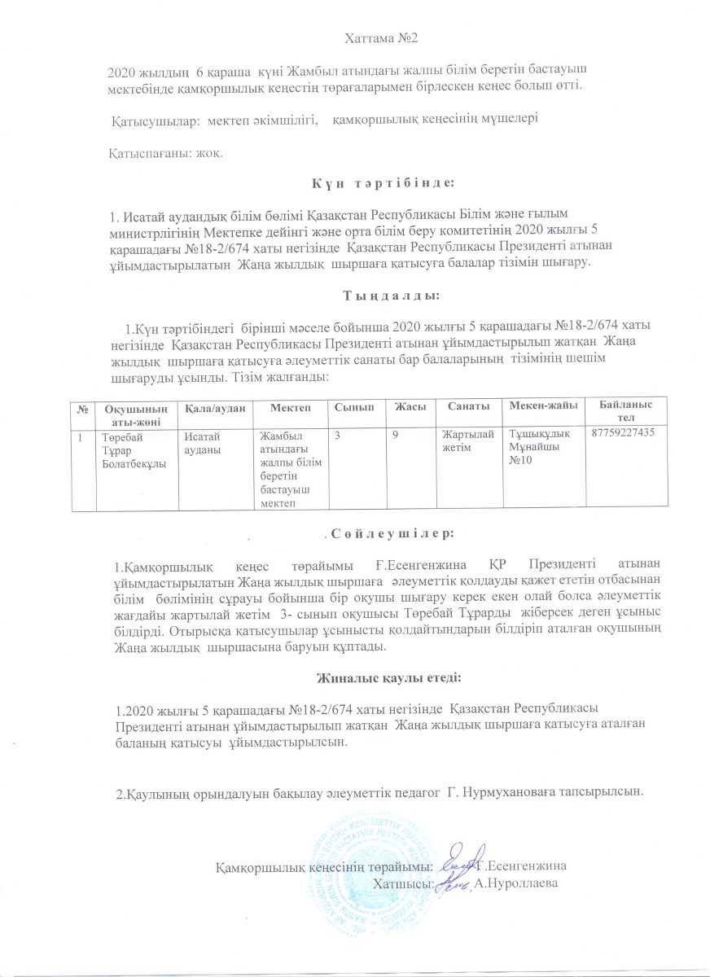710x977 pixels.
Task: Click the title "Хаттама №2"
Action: (378, 37)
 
